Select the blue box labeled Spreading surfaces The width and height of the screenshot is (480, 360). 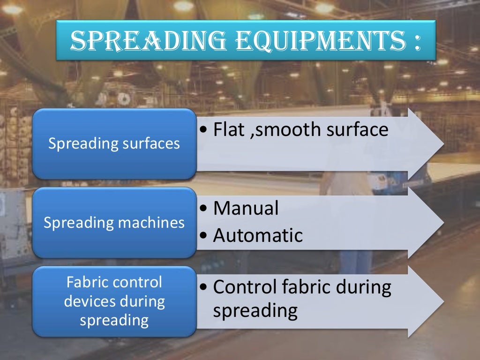tap(114, 143)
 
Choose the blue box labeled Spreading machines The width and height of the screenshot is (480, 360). tap(114, 222)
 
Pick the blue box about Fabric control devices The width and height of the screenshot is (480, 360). tap(114, 301)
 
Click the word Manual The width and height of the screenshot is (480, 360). tap(246, 208)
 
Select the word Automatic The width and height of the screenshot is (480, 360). tap(258, 235)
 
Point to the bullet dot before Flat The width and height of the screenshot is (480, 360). tap(203, 130)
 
